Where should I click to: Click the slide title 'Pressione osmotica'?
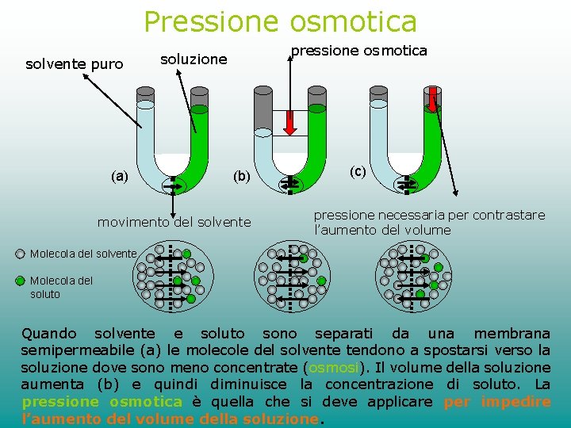click(280, 21)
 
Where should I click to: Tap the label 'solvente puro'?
click(75, 64)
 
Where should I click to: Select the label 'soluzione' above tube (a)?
click(194, 59)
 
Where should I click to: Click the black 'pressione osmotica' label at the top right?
click(359, 51)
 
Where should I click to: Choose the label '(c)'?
click(358, 171)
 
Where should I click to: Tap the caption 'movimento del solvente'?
click(174, 222)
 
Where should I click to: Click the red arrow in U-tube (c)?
click(432, 98)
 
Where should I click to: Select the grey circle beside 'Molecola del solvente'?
click(21, 254)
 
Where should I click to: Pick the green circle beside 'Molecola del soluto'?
click(21, 281)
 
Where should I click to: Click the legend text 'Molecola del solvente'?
click(83, 254)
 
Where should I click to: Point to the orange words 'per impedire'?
click(497, 402)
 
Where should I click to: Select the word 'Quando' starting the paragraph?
click(49, 334)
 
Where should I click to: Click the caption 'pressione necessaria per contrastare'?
click(429, 215)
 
